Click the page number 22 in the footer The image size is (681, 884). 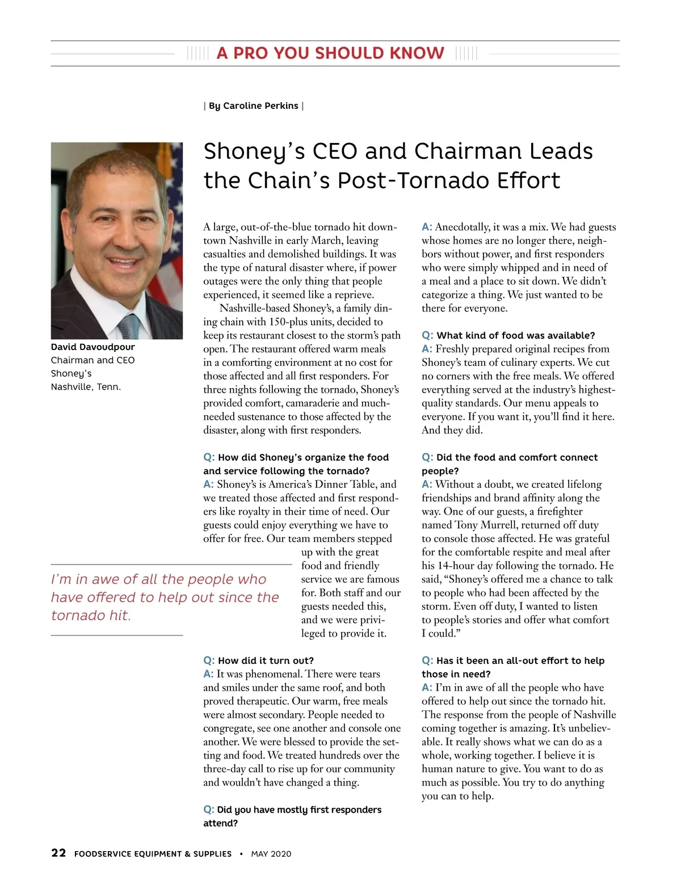[58, 853]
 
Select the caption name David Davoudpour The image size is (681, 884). [93, 347]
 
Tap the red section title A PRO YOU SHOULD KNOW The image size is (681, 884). [330, 53]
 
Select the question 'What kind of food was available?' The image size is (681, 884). [515, 335]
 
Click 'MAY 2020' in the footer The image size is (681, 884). [271, 854]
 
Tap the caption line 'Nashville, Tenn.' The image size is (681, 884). [86, 387]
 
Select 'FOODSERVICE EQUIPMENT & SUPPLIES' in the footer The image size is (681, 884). [153, 854]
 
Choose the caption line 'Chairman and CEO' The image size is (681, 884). [93, 360]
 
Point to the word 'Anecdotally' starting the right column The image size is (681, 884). [463, 227]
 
